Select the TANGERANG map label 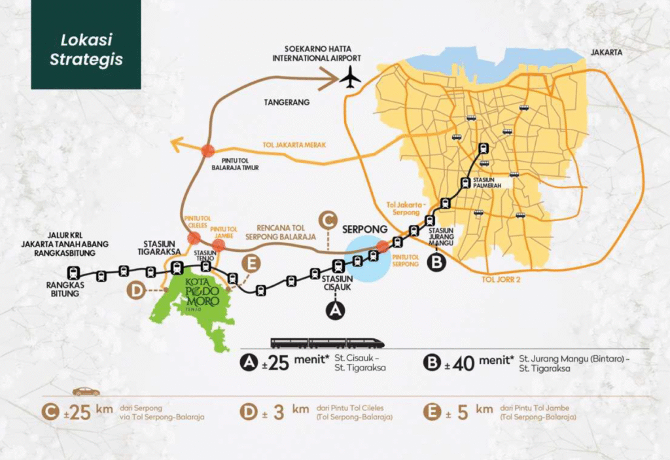pyautogui.click(x=288, y=103)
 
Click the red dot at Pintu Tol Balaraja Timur pyautogui.click(x=208, y=150)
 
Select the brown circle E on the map pyautogui.click(x=251, y=264)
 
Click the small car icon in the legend pyautogui.click(x=86, y=391)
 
